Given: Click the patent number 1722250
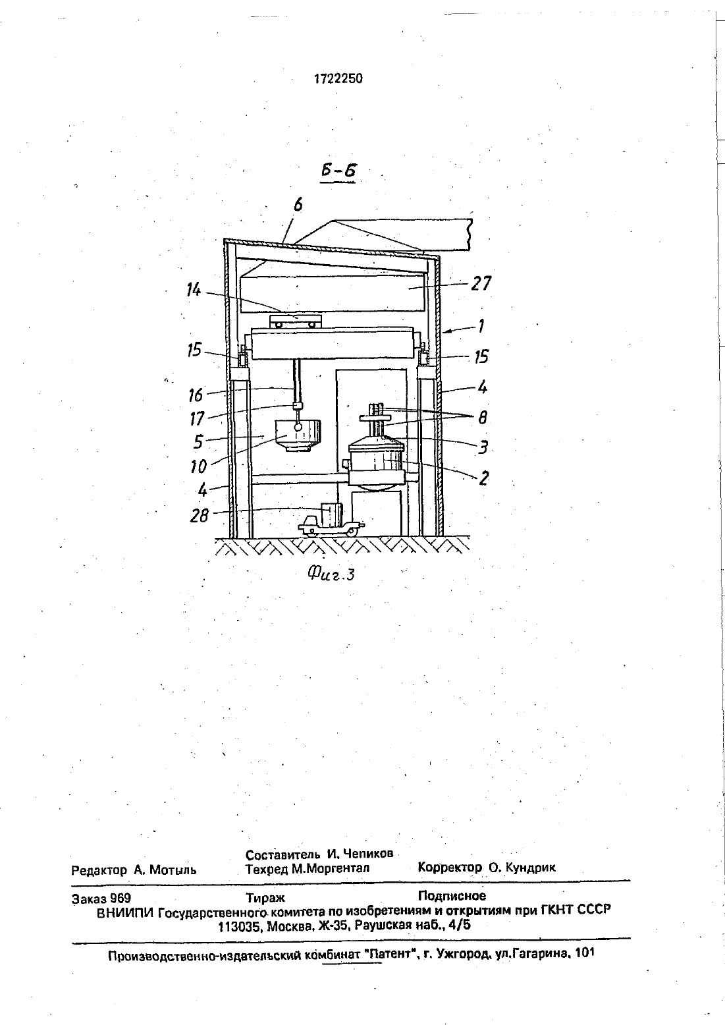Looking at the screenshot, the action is [338, 78].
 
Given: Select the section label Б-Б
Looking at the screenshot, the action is [338, 171].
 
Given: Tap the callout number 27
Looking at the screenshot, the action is [481, 283].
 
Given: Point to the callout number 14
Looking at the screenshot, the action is [194, 290].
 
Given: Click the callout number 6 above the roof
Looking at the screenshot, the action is [298, 205].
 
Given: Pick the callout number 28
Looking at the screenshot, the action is [199, 516].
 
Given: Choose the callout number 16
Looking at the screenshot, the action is [196, 395].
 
